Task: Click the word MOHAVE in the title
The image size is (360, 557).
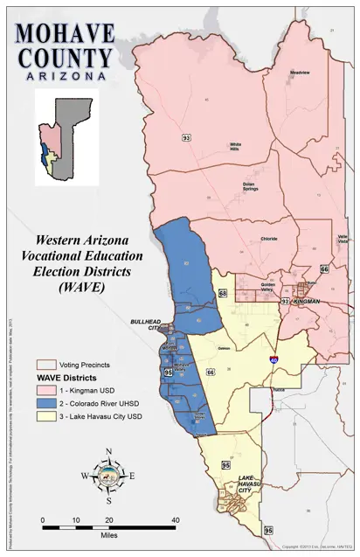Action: coord(64,34)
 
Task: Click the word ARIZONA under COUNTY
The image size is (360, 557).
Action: coord(64,77)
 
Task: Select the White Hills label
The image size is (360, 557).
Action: coord(236,146)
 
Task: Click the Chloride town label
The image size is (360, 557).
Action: coord(269,238)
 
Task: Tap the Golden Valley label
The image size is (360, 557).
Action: coord(267,286)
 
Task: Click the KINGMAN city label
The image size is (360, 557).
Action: coord(307,302)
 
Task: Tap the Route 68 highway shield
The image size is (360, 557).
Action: coord(223,293)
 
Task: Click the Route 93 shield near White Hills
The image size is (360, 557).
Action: coord(186,137)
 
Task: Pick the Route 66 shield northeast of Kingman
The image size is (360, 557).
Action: coord(324,269)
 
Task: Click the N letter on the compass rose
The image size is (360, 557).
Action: coord(108,451)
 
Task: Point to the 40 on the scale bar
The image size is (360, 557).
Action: coord(176,520)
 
